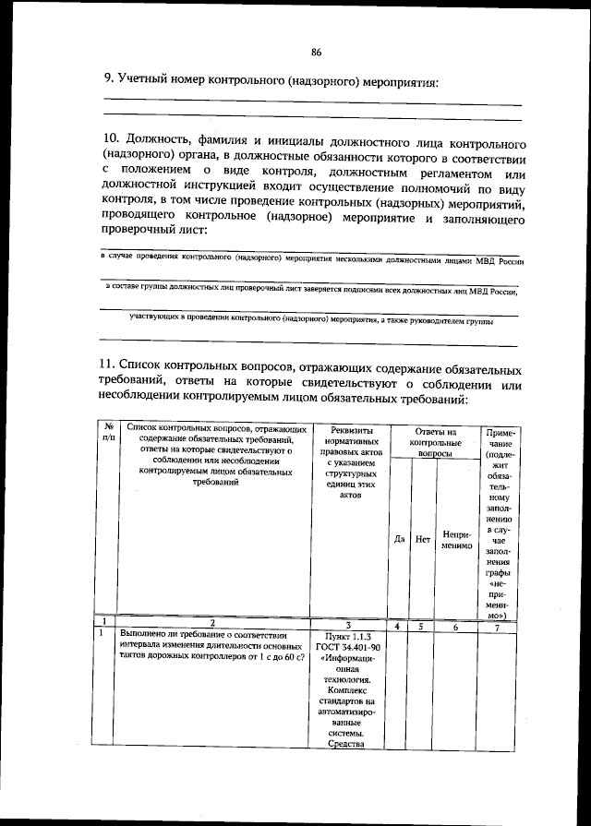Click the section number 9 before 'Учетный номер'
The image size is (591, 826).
click(107, 81)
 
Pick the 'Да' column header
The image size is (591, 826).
click(399, 539)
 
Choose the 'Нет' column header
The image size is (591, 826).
click(423, 539)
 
